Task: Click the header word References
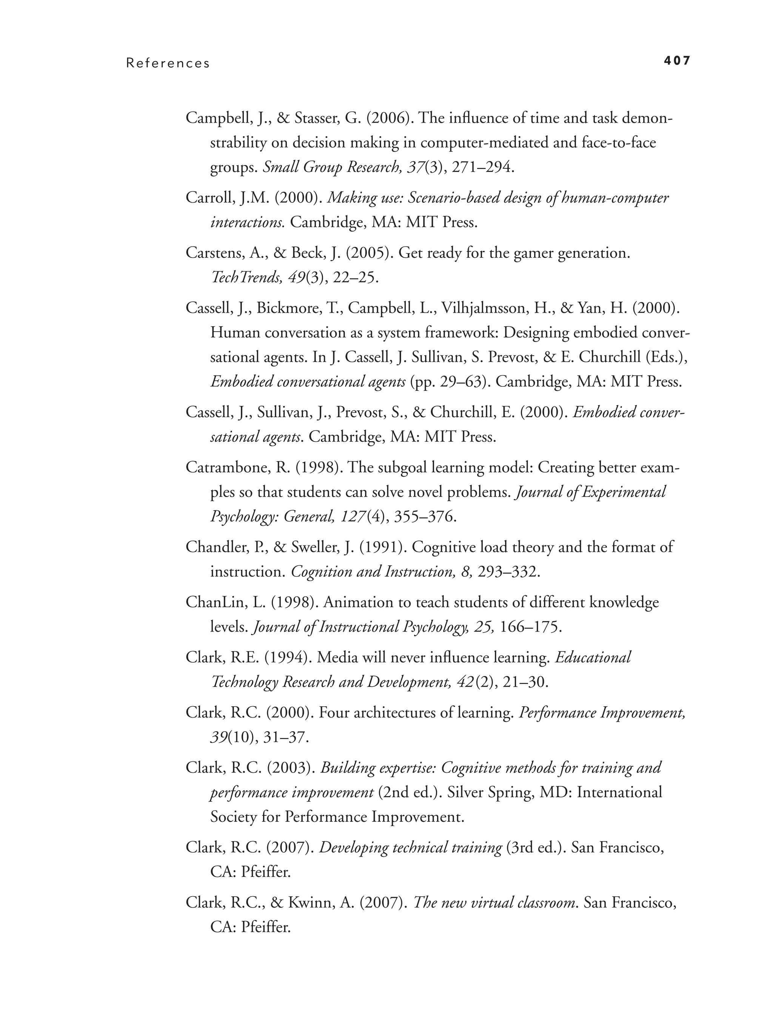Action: (x=168, y=63)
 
